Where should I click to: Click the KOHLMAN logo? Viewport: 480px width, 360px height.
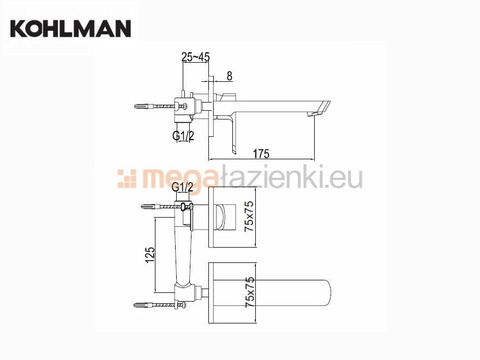pos(71,28)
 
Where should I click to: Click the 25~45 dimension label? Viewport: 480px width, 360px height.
pos(195,57)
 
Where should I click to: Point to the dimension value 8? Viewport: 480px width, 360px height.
pos(229,76)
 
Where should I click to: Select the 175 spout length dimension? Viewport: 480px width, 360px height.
pos(261,154)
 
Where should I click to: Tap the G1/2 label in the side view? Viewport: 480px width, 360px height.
pos(183,135)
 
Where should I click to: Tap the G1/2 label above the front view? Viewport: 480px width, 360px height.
pos(183,187)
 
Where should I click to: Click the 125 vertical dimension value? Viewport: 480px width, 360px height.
pos(149,255)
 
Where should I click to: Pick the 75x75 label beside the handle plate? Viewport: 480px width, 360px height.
pos(249,217)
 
